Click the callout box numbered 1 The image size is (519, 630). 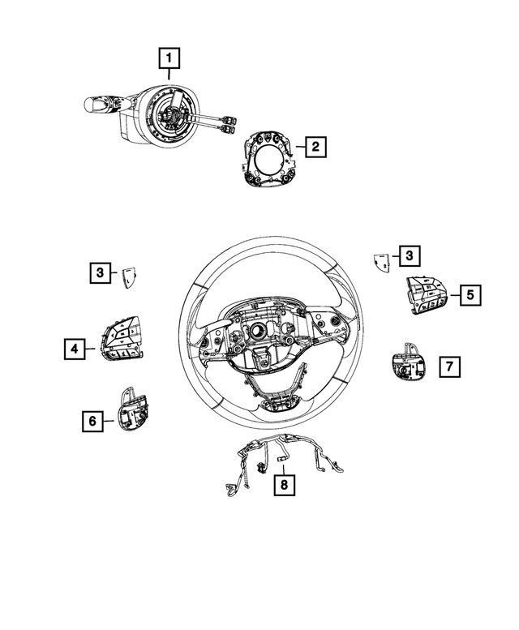(169, 58)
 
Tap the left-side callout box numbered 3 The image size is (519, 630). (100, 273)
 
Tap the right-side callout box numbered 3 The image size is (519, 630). (410, 257)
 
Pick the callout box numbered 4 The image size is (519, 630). (74, 349)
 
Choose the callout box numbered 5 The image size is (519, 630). (470, 295)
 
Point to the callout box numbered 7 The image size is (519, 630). (448, 367)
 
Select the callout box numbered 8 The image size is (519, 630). (283, 485)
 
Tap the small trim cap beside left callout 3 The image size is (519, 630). (127, 277)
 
